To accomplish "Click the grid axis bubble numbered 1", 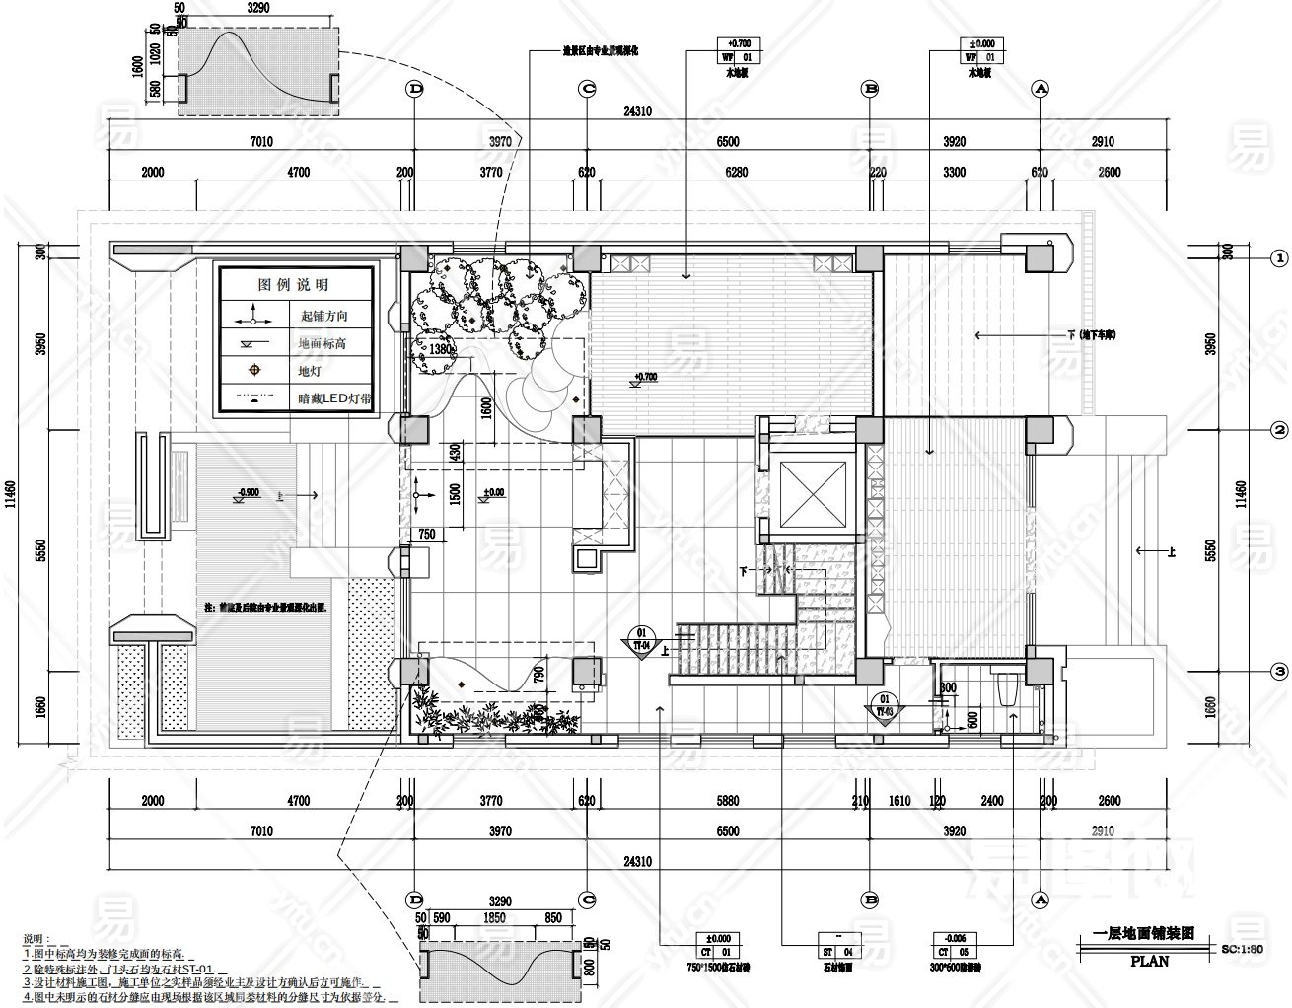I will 1279,258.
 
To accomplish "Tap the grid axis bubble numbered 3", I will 1279,672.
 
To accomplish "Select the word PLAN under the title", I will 1149,961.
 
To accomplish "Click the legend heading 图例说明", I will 293,284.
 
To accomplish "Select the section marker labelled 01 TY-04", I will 642,639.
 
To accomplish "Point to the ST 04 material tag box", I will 834,945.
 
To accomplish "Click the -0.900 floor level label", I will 248,491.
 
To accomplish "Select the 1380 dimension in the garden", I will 441,348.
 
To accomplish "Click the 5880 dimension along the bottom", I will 727,801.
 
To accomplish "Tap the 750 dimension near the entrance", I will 427,534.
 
